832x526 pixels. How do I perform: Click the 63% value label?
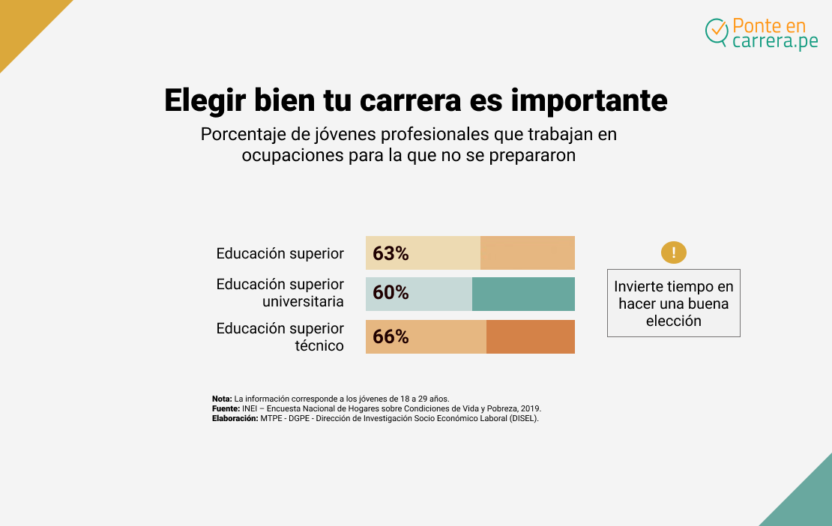pos(391,254)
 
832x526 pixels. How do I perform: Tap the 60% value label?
pos(391,293)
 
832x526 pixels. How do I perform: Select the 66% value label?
pos(391,337)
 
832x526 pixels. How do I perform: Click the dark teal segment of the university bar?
pos(523,294)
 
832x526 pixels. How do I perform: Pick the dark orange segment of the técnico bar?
pos(530,337)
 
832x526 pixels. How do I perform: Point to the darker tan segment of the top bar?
pos(527,253)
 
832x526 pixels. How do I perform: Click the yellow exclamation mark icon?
pos(673,253)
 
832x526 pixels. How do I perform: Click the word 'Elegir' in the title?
pos(205,100)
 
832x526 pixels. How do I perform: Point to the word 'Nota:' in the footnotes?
pos(222,399)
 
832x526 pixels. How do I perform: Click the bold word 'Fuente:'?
pos(226,408)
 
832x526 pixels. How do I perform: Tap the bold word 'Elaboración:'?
pos(235,418)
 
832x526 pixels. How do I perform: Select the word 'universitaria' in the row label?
pos(303,301)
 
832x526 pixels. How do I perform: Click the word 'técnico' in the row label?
pos(319,345)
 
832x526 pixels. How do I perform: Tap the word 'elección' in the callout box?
pos(673,321)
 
